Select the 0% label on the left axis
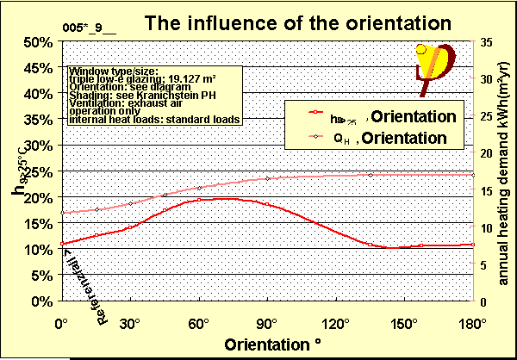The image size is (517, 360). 42,301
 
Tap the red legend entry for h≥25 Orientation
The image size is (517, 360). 379,116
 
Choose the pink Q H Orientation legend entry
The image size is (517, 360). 379,137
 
